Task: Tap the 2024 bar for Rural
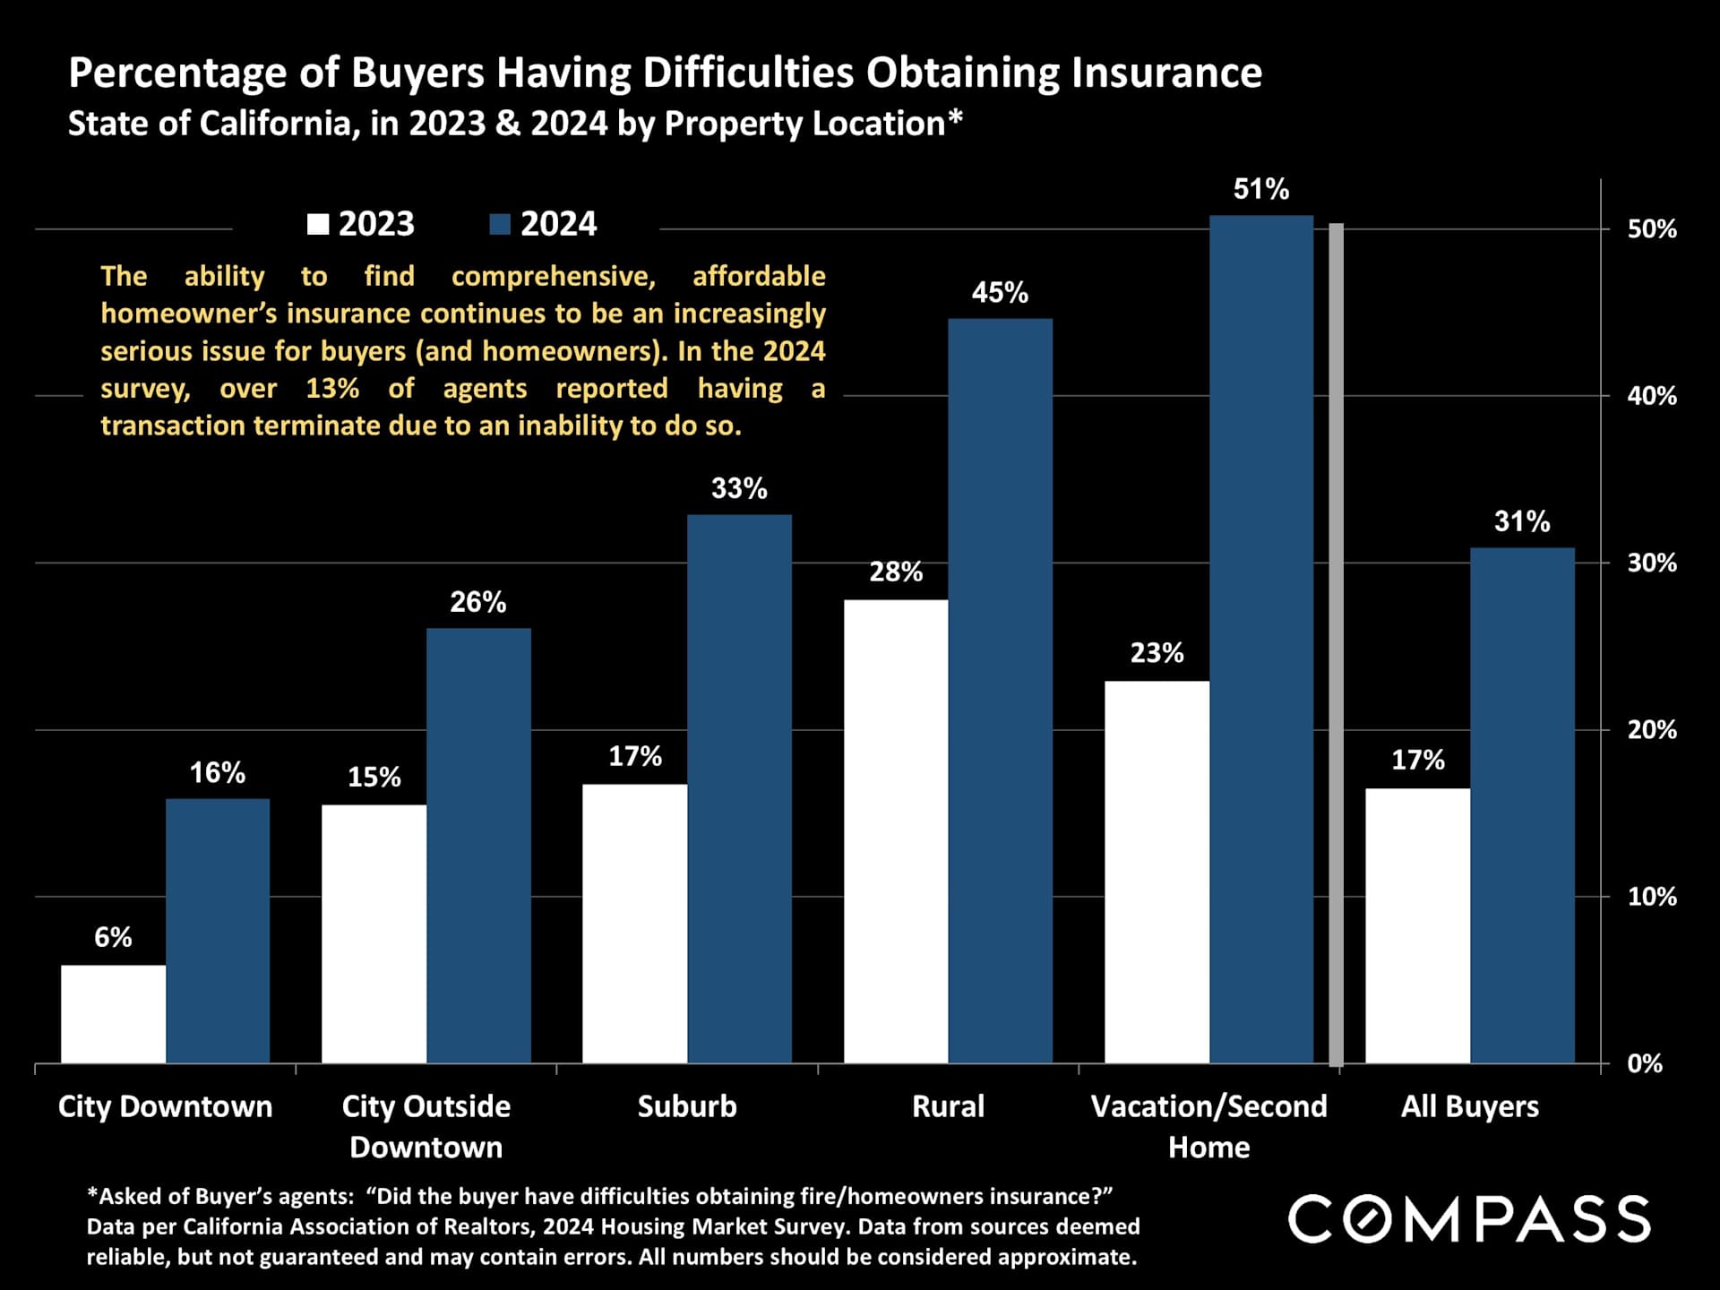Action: tap(1000, 691)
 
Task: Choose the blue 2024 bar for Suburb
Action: tap(739, 788)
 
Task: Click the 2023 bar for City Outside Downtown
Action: tap(374, 933)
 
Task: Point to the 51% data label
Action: tap(1260, 189)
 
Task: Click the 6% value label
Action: tap(113, 937)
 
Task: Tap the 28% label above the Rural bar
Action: tap(896, 572)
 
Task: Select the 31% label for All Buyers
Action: tap(1521, 521)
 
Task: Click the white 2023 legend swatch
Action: tap(318, 224)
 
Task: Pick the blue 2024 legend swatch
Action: tap(500, 224)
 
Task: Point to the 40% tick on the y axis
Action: tap(1651, 396)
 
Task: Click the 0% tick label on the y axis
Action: tap(1644, 1063)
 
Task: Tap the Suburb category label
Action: tap(687, 1106)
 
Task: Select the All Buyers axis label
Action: tap(1469, 1106)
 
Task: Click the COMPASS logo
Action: tap(1469, 1219)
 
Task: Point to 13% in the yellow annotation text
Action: tap(332, 388)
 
